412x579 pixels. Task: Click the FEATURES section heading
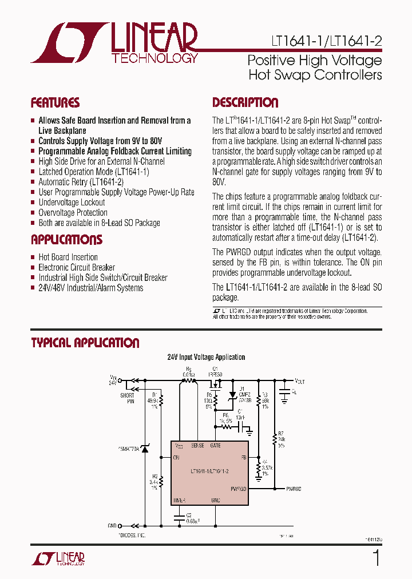(55, 103)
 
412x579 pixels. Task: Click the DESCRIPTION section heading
(245, 103)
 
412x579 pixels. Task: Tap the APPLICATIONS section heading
(66, 240)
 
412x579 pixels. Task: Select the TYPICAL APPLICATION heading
(85, 343)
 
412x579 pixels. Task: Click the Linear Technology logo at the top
(114, 42)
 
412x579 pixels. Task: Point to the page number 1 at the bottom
(376, 558)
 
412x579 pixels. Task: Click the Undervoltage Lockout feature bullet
(72, 203)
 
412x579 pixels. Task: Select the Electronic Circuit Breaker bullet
(77, 267)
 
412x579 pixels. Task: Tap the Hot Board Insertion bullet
(68, 257)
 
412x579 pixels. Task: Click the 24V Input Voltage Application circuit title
(206, 357)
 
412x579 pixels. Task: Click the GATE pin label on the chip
(215, 445)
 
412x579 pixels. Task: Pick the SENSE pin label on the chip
(197, 445)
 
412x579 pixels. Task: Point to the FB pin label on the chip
(243, 458)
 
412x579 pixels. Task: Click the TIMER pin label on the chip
(179, 500)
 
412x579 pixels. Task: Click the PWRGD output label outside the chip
(294, 489)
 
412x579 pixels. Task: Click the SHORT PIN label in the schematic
(127, 398)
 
